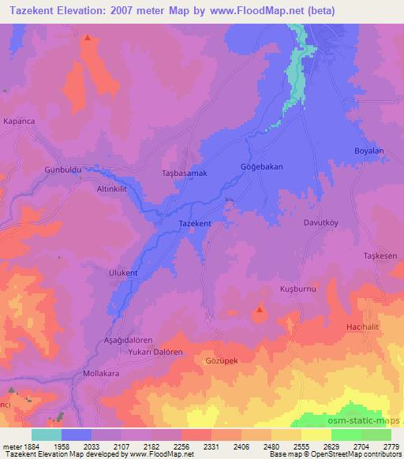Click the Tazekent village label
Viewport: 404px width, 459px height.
[x=195, y=224]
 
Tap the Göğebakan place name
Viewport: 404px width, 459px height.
[x=260, y=168]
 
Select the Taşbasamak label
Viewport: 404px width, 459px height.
[x=184, y=173]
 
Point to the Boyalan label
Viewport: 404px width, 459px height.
[x=368, y=151]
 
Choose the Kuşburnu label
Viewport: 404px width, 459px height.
[x=297, y=290]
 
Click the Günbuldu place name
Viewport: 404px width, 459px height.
[x=63, y=170]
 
